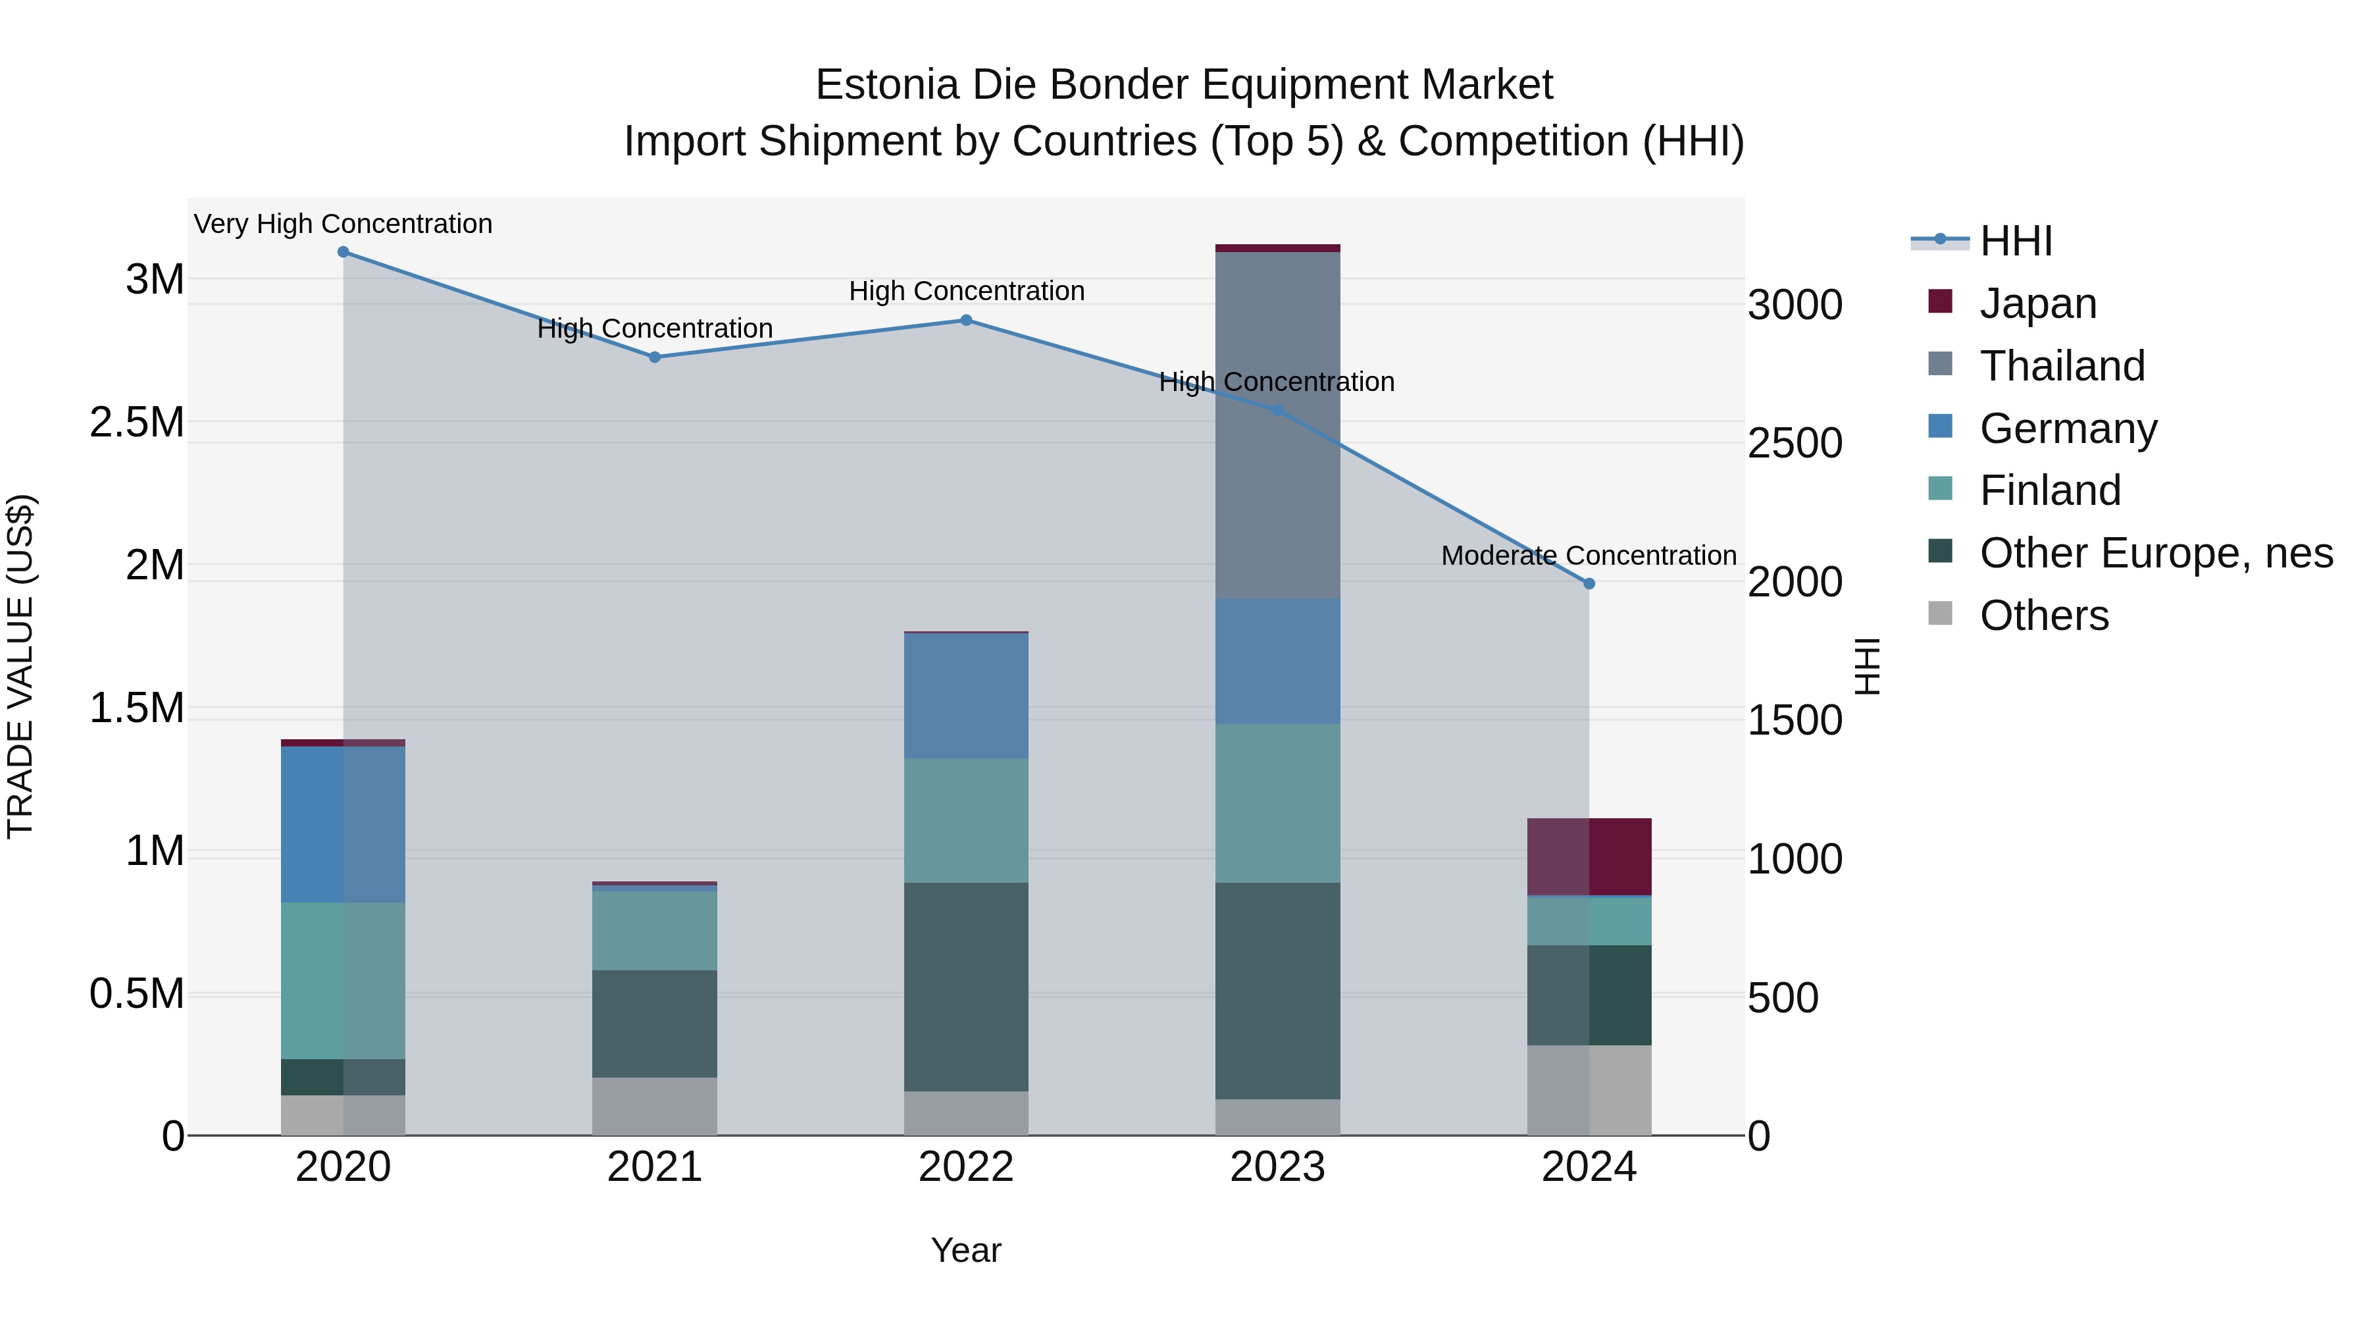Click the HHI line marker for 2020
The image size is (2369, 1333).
[343, 251]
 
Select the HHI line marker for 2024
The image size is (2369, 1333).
[1589, 583]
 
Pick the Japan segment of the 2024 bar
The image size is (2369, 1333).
[1589, 856]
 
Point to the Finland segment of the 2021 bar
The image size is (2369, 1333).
[655, 930]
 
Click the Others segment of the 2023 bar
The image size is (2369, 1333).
[1277, 1117]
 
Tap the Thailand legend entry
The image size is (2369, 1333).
[2061, 365]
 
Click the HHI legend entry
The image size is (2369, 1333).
[2015, 241]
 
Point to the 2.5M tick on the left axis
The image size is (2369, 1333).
[137, 422]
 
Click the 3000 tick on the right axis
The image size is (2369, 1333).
[1795, 305]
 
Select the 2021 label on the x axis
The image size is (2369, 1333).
[655, 1167]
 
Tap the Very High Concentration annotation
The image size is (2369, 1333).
[343, 224]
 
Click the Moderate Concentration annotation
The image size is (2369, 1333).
[1589, 556]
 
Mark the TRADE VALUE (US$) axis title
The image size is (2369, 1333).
[20, 666]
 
